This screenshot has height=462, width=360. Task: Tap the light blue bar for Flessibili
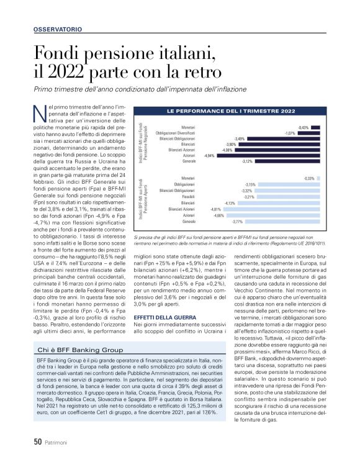click(287, 197)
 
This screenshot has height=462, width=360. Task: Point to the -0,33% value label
click(308, 178)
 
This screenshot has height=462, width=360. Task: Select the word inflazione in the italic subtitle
click(228, 89)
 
